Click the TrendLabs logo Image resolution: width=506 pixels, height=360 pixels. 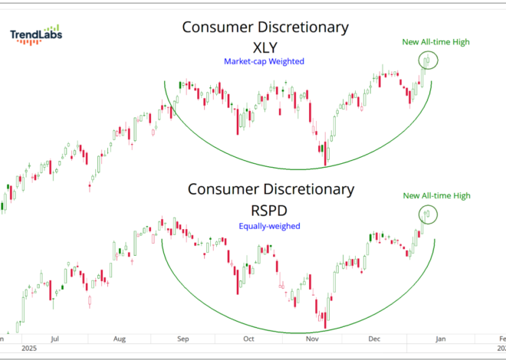click(37, 34)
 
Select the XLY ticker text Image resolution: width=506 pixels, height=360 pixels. click(264, 47)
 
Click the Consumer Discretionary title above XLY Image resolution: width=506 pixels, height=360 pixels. click(265, 28)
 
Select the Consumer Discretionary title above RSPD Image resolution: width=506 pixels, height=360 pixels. click(271, 188)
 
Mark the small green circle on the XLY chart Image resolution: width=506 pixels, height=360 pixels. click(429, 60)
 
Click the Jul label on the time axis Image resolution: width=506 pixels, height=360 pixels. click(54, 336)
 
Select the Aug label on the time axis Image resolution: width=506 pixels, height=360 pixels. click(119, 336)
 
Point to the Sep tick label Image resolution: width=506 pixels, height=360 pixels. click(184, 336)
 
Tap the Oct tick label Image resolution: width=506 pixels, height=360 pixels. click(248, 336)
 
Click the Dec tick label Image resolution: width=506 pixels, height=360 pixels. click(375, 336)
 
